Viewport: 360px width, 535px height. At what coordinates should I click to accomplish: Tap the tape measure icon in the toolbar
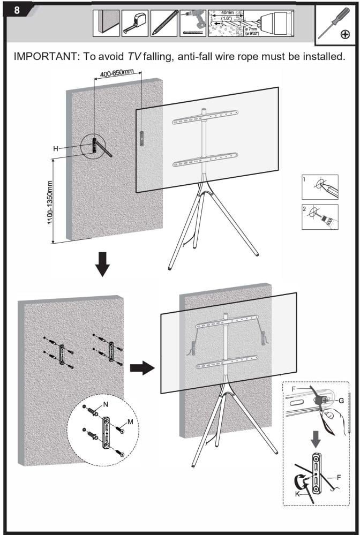[135, 23]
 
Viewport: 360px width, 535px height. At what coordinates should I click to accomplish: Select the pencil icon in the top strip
[164, 23]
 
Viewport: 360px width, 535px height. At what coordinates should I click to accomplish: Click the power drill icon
[193, 22]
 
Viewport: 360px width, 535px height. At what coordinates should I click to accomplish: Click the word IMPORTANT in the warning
[49, 56]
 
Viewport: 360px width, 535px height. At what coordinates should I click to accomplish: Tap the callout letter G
[341, 400]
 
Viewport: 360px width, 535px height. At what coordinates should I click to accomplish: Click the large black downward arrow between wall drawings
[101, 264]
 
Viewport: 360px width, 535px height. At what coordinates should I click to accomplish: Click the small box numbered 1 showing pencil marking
[320, 187]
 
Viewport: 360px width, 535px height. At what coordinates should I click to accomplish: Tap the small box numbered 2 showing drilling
[320, 216]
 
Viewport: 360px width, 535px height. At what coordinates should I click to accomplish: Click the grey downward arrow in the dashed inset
[316, 438]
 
